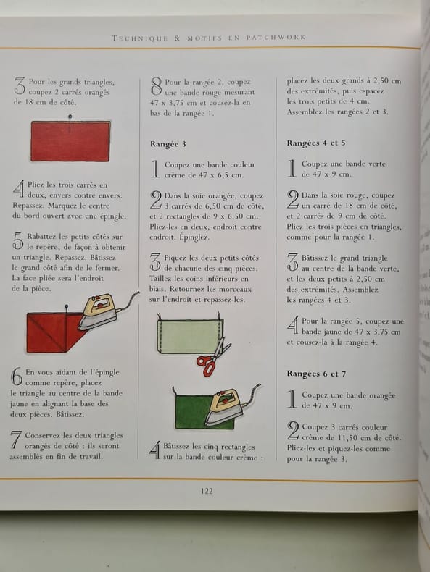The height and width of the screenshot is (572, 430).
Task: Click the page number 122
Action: pyautogui.click(x=207, y=491)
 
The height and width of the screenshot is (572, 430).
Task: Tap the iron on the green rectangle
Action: pyautogui.click(x=231, y=405)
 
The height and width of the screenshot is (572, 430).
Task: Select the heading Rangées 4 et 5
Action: pyautogui.click(x=316, y=143)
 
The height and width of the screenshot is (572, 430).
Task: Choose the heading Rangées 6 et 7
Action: pyautogui.click(x=316, y=374)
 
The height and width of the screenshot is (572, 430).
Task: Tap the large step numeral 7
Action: pyautogui.click(x=17, y=440)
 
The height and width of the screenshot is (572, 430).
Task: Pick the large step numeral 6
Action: pyautogui.click(x=17, y=377)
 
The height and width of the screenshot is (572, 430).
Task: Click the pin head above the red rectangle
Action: pyautogui.click(x=70, y=117)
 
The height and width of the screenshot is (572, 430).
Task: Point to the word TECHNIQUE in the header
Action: pyautogui.click(x=139, y=38)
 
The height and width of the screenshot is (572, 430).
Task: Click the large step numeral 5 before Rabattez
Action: pyautogui.click(x=18, y=242)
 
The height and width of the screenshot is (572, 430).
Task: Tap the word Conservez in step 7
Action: pyautogui.click(x=43, y=436)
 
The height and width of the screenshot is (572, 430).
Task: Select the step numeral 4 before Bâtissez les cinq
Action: pyautogui.click(x=155, y=450)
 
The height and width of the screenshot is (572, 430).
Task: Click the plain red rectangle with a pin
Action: pyautogui.click(x=70, y=141)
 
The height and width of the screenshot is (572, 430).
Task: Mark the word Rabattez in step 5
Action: pyautogui.click(x=41, y=236)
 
